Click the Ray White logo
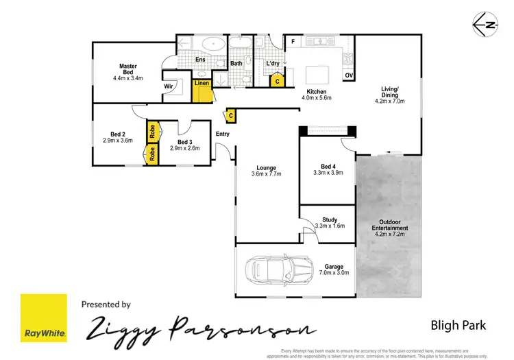(44, 318)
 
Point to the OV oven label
(349, 75)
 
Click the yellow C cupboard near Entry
(231, 116)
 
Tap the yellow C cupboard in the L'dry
(277, 81)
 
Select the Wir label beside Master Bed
(168, 86)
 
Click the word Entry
(223, 134)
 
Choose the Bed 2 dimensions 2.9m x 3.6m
(118, 140)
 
